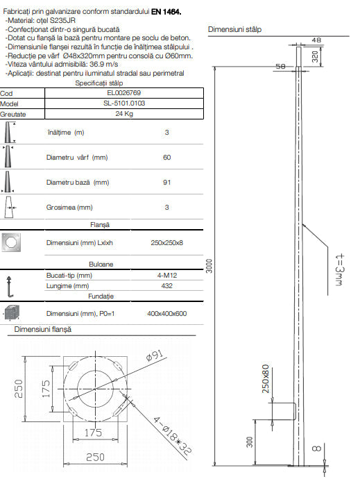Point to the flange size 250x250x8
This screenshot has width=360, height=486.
(x=166, y=243)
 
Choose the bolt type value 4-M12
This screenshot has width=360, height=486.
(x=166, y=275)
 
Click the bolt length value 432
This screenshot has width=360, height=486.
(x=166, y=285)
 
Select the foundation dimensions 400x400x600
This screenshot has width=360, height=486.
(x=166, y=313)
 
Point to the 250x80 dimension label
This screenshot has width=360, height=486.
(x=265, y=378)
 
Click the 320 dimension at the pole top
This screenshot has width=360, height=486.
(x=315, y=57)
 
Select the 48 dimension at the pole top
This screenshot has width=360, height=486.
(x=316, y=40)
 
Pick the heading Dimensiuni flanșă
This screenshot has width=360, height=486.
(x=43, y=328)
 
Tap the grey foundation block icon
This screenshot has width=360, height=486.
(x=12, y=313)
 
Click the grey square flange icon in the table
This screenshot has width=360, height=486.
(x=12, y=242)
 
